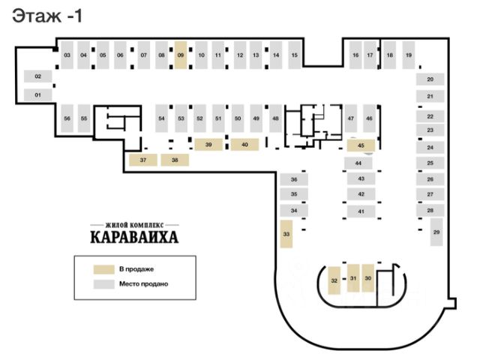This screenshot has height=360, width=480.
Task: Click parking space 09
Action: pos(181,55)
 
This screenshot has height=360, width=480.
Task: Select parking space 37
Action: pos(142,160)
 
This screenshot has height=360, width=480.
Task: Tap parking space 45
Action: pos(361,145)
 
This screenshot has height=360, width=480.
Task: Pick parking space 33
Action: pos(286,234)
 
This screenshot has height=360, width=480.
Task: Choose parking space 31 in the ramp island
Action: pos(352,278)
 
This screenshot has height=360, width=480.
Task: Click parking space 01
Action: pos(37,94)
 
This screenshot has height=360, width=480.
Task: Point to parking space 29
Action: pos(436,232)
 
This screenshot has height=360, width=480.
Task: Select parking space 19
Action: pos(408,55)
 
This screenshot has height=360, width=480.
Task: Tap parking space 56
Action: pos(67,118)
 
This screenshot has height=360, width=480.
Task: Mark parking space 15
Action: pos(295,55)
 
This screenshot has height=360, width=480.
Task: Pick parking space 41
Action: pos(361,211)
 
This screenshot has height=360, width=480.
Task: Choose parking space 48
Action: pos(275,118)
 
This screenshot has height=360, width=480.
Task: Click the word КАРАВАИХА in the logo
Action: pos(135,239)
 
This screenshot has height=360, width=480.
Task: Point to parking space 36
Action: pos(294,180)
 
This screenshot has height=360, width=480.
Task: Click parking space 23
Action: pos(430,130)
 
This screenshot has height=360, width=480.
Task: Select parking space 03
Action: pos(67,55)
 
